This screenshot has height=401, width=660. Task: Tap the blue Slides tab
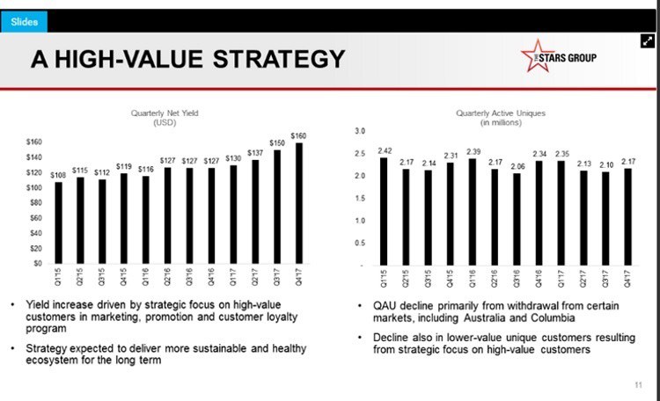[24, 22]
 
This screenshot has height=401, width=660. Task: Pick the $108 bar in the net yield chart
[59, 222]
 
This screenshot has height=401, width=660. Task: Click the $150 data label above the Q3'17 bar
[276, 142]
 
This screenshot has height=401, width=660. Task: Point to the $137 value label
[255, 151]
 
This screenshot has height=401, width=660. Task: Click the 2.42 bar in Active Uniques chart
[385, 211]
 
